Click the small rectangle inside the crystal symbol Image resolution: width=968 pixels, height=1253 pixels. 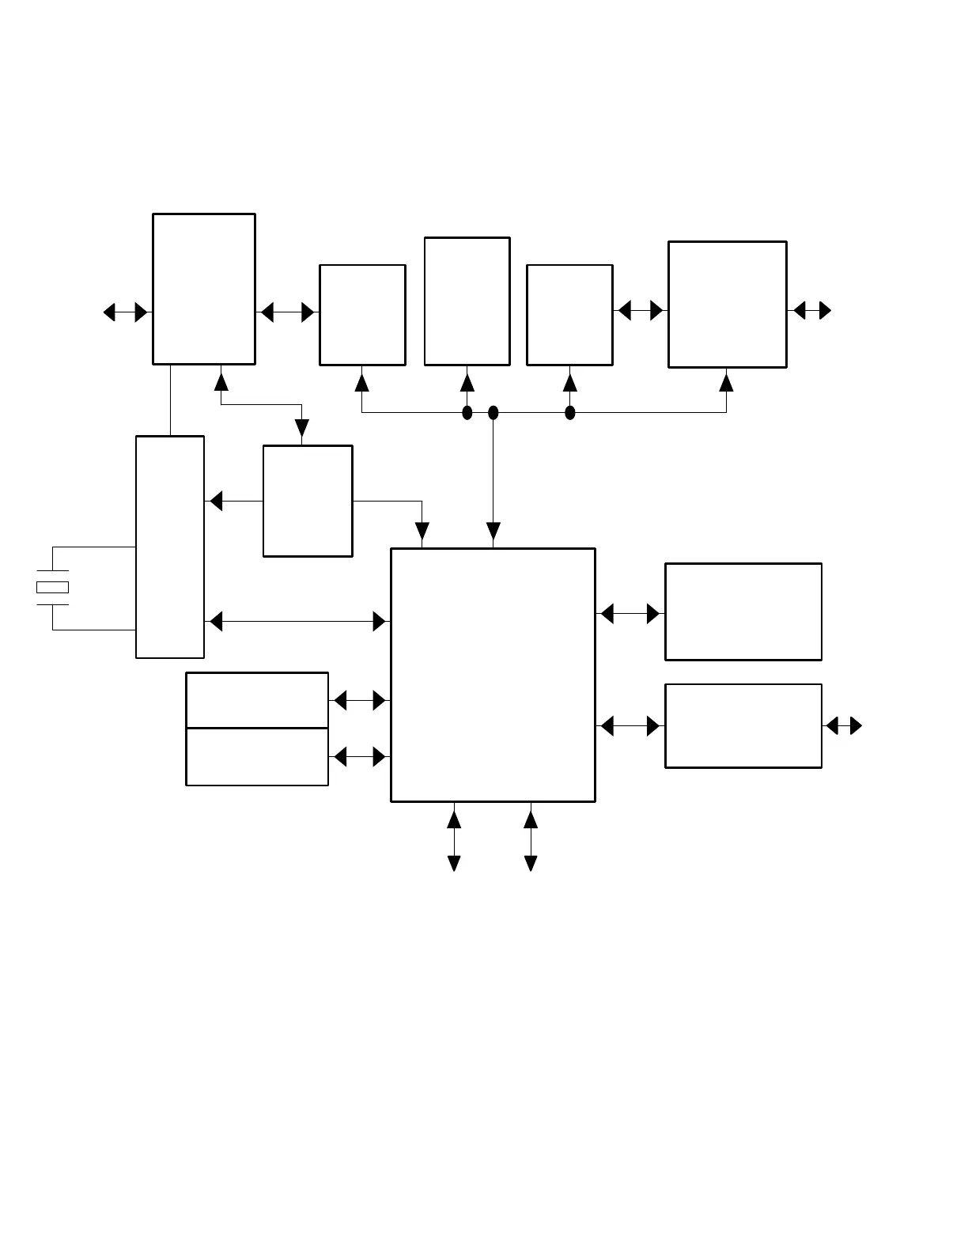pos(52,587)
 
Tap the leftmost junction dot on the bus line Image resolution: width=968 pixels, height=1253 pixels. pos(467,412)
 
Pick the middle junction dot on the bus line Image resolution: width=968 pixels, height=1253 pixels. pos(493,412)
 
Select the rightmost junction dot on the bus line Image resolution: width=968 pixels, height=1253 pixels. pos(570,412)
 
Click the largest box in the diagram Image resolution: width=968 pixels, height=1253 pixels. pos(493,675)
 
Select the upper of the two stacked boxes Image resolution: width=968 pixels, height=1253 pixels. pos(257,700)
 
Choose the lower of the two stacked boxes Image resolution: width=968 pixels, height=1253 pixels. pos(257,757)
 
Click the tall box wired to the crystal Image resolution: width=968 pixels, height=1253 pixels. pos(170,547)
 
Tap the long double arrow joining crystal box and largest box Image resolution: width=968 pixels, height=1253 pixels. pos(297,622)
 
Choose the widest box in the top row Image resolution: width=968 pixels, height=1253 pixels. pos(728,305)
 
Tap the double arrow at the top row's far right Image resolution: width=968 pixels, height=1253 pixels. pos(812,311)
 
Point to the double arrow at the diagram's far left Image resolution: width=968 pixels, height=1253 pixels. pos(126,312)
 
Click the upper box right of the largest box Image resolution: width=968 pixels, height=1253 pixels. pos(743,611)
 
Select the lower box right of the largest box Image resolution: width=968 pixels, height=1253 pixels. pos(743,726)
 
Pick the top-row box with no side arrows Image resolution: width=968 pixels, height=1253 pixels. pos(467,301)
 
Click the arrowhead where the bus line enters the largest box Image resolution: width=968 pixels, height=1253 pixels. pos(493,532)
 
